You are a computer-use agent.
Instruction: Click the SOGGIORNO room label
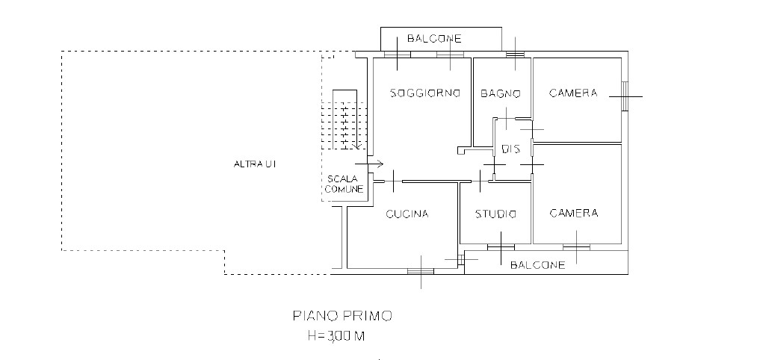pyautogui.click(x=425, y=93)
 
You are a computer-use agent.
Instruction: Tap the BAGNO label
pyautogui.click(x=501, y=93)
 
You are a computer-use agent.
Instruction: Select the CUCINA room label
pyautogui.click(x=407, y=214)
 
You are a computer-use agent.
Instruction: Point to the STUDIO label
pyautogui.click(x=495, y=214)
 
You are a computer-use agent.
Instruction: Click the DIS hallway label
pyautogui.click(x=511, y=149)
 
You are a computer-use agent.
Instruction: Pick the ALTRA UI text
pyautogui.click(x=254, y=164)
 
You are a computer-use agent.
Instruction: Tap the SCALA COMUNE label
pyautogui.click(x=344, y=184)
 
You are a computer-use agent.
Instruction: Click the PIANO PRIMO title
pyautogui.click(x=342, y=316)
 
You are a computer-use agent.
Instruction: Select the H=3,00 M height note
pyautogui.click(x=336, y=336)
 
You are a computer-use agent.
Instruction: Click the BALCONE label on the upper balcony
pyautogui.click(x=434, y=39)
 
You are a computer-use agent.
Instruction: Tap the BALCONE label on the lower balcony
pyautogui.click(x=538, y=265)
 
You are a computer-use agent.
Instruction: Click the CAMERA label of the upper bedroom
pyautogui.click(x=573, y=93)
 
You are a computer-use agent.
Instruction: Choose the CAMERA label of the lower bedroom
pyautogui.click(x=574, y=214)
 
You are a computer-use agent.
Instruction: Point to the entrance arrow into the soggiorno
pyautogui.click(x=369, y=164)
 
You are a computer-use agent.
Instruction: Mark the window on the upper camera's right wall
pyautogui.click(x=625, y=96)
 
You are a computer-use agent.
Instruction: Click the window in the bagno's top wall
pyautogui.click(x=515, y=54)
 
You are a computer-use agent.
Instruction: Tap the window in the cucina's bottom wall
pyautogui.click(x=421, y=271)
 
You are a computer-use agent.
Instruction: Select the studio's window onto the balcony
pyautogui.click(x=501, y=247)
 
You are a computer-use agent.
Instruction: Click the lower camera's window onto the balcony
pyautogui.click(x=576, y=247)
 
